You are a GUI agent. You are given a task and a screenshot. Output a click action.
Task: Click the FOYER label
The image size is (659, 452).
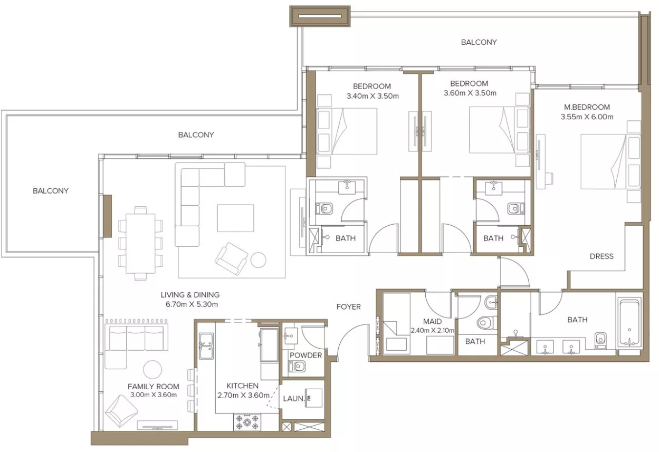[348, 307]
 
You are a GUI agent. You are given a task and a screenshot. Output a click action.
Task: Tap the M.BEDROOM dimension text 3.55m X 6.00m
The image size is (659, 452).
[587, 117]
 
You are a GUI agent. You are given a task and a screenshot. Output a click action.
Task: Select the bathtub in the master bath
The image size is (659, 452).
[629, 322]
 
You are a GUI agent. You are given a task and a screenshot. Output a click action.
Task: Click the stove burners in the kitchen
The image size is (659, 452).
[247, 422]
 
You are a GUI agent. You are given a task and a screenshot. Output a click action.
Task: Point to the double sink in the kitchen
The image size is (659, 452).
[206, 346]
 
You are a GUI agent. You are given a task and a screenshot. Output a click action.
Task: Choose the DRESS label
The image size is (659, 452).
[601, 256]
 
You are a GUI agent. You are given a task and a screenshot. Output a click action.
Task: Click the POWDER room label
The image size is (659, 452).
[305, 355]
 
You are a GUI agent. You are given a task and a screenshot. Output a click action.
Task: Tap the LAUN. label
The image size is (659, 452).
[293, 399]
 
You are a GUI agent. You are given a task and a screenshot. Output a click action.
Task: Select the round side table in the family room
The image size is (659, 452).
[152, 370]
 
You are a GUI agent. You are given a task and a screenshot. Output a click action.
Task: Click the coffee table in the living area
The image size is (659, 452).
[235, 218]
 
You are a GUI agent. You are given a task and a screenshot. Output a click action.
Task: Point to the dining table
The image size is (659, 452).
[140, 244]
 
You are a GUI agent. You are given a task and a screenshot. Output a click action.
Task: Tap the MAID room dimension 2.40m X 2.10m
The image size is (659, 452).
[433, 330]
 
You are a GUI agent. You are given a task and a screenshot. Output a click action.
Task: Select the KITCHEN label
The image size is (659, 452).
[242, 386]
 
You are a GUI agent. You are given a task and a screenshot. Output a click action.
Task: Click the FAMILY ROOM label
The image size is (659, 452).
[154, 387]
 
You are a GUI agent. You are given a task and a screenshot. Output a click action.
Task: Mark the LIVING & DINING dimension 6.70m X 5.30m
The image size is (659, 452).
[192, 304]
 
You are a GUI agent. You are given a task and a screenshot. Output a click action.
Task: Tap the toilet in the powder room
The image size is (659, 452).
[297, 367]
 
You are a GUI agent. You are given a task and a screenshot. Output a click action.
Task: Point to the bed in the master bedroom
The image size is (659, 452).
[611, 162]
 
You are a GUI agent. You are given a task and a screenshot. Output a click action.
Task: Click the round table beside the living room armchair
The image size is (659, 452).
[259, 260]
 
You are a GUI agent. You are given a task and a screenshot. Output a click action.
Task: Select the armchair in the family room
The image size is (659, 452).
[121, 411]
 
